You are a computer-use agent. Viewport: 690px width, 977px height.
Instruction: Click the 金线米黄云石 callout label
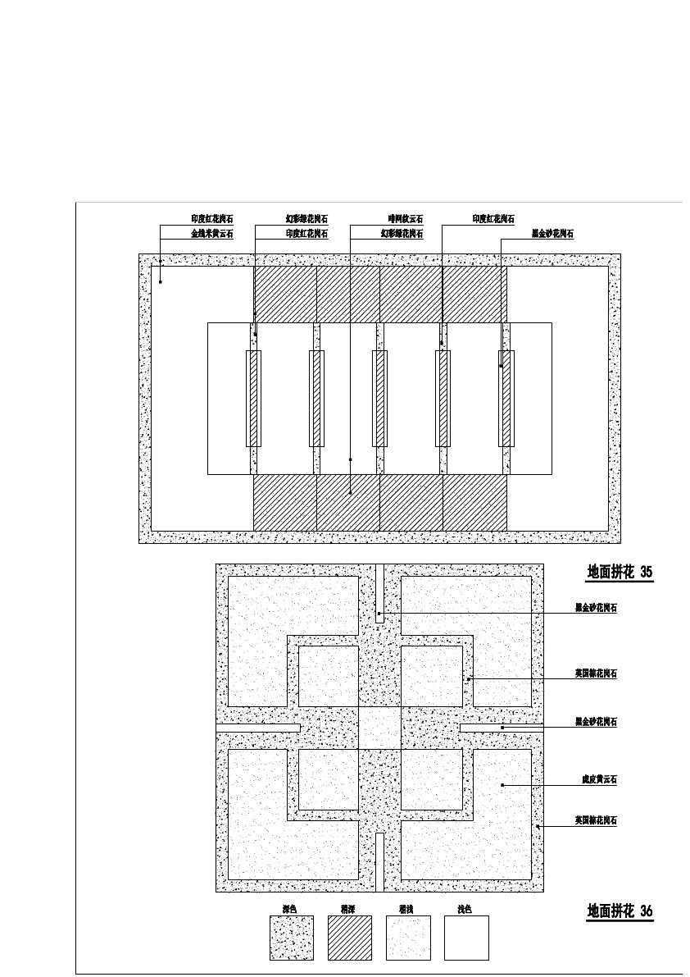[211, 234]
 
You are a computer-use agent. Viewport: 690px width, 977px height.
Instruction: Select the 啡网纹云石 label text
[406, 219]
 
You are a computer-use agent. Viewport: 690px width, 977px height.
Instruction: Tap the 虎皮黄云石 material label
[595, 779]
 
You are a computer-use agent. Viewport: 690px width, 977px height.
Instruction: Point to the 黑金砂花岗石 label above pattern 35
[552, 234]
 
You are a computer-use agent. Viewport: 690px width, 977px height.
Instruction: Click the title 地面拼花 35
[620, 573]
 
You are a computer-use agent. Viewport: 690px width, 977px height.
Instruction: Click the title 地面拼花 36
[620, 911]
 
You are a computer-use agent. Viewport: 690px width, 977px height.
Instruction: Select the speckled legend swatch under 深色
[292, 938]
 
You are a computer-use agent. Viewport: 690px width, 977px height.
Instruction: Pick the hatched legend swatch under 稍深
[350, 938]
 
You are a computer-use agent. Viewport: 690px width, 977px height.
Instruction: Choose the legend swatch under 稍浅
[408, 938]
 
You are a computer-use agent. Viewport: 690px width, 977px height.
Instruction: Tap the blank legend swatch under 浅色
[466, 938]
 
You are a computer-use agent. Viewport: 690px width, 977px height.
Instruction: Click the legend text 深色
[288, 909]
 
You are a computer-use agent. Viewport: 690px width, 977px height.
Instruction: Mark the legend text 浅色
[464, 909]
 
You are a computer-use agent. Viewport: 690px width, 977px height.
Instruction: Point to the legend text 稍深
[347, 909]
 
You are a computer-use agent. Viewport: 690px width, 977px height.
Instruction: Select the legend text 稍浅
[406, 909]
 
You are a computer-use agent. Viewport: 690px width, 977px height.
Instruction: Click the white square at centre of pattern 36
[379, 728]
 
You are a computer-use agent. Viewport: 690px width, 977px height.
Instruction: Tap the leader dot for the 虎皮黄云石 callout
[502, 786]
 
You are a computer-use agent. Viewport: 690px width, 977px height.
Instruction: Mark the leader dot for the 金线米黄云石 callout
[161, 281]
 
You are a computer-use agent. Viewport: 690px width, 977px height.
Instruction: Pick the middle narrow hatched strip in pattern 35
[379, 399]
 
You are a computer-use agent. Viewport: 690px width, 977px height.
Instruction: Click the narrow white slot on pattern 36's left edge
[257, 728]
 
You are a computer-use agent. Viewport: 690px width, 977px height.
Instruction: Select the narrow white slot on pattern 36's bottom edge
[379, 861]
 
